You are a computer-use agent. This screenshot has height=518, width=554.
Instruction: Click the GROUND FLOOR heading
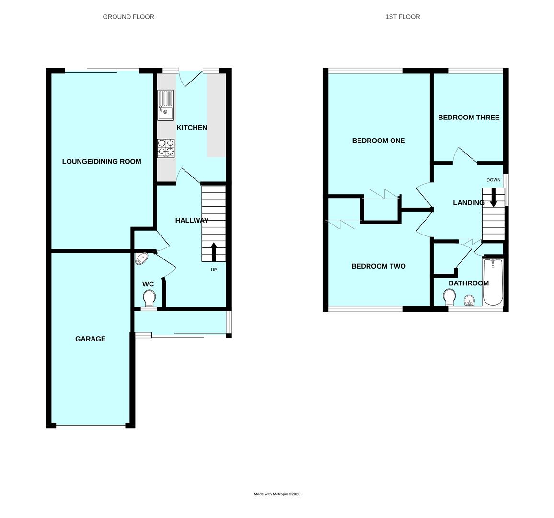pos(128,17)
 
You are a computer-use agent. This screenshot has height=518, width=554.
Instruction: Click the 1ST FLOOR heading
pos(403,17)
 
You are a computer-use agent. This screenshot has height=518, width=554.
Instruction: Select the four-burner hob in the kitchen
pos(166,148)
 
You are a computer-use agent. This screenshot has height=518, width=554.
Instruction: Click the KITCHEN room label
pos(192,128)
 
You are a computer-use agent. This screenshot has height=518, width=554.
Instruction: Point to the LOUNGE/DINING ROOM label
pos(102,162)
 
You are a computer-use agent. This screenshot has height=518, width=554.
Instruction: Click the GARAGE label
pos(90,339)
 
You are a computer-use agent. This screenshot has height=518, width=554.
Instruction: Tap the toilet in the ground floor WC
pos(149,298)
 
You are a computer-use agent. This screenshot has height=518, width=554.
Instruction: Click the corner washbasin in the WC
pos(142,259)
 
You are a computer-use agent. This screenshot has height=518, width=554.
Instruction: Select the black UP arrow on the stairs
pos(214,252)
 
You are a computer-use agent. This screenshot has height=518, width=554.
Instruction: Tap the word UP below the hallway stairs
pos(214,270)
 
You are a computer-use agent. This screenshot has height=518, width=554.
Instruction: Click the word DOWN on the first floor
pos(493,180)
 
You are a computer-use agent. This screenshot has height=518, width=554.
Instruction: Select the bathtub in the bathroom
pos(493,282)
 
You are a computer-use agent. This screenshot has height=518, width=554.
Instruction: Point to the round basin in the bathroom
pos(469,301)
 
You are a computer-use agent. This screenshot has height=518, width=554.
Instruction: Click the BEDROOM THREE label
pos(468,118)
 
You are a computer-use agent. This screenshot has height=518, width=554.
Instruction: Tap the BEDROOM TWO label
pos(378,266)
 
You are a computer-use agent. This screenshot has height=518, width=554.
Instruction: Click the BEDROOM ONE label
pos(378,141)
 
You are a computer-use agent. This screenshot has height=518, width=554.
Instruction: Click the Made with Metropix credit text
pos(277,494)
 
